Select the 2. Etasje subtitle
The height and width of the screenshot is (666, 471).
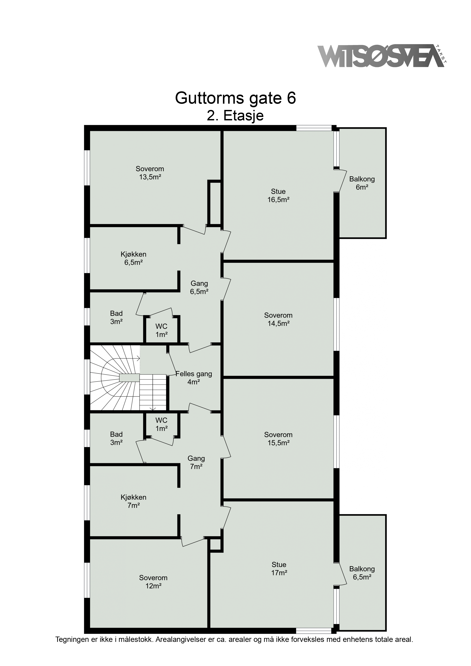235,115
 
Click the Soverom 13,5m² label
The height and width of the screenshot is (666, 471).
150,173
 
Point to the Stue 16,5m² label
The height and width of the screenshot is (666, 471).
278,195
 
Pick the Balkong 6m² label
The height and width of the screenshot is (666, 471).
362,183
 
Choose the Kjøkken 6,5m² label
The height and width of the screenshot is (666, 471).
134,258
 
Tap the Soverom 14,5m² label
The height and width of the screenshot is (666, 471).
278,319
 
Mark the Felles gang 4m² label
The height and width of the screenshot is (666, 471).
194,378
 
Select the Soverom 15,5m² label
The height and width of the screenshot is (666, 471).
278,439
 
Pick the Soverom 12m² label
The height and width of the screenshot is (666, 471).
153,582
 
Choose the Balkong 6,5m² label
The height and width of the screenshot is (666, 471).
362,573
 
